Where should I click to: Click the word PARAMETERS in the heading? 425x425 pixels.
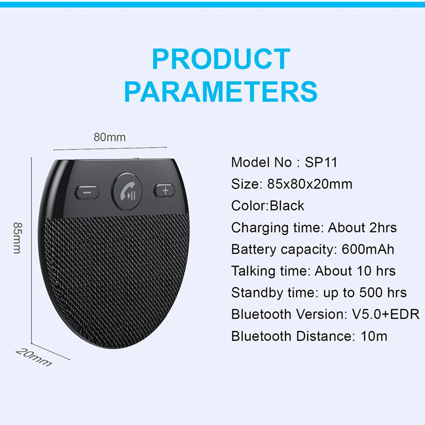[x=221, y=91]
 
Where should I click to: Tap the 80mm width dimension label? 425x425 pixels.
[x=110, y=137]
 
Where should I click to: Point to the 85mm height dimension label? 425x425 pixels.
[x=17, y=238]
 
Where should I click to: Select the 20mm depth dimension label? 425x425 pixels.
[x=33, y=357]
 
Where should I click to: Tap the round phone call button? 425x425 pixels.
[x=127, y=192]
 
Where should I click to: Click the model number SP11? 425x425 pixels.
[x=321, y=162]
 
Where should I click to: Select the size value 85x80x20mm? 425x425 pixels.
[x=310, y=184]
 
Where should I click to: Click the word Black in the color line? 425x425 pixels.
[x=287, y=206]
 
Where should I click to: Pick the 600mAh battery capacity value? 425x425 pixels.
[x=368, y=249]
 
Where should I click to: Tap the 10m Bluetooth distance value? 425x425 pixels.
[x=374, y=336]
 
